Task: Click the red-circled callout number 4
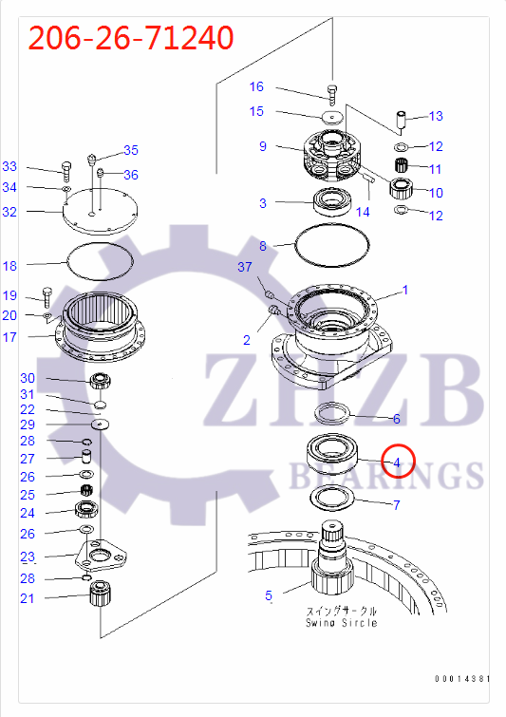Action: coord(398,462)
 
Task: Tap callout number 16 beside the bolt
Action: coord(256,87)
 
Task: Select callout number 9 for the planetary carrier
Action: coord(263,146)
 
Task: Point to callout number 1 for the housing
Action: coord(404,290)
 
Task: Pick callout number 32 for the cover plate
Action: coord(9,211)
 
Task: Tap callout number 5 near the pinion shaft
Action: coord(269,596)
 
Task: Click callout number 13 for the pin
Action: coord(436,117)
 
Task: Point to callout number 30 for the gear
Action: coord(28,378)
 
